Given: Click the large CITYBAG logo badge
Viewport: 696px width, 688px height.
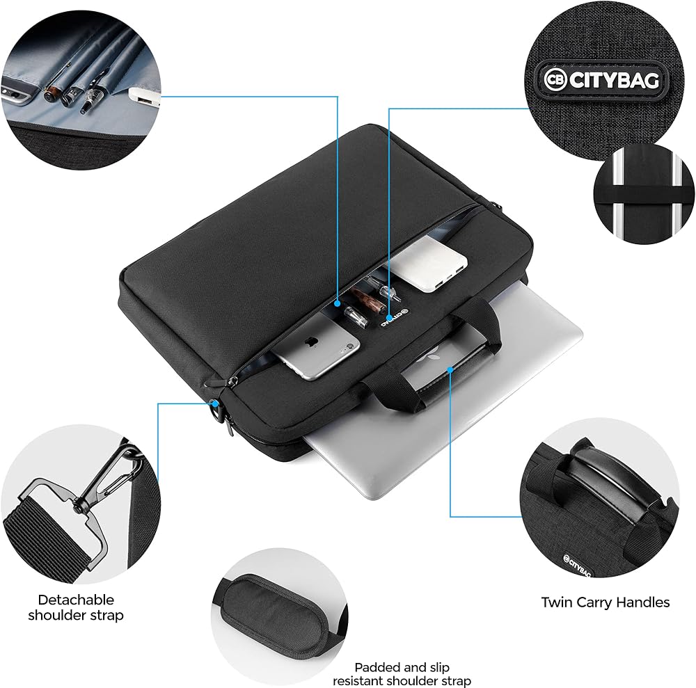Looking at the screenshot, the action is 601,80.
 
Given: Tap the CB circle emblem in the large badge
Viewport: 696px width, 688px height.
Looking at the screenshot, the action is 555,80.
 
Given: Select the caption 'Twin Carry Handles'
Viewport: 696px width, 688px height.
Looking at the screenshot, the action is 605,602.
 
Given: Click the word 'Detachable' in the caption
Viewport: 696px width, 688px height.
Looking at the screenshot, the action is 76,600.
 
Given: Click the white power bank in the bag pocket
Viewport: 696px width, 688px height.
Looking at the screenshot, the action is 428,264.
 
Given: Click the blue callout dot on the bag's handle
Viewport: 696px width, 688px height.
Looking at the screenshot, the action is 450,369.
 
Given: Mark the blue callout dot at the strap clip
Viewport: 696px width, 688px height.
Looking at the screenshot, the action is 215,403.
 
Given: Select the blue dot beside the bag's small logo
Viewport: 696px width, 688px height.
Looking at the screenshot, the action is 389,318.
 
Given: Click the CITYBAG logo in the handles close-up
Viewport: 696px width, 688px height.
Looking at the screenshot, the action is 577,566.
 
